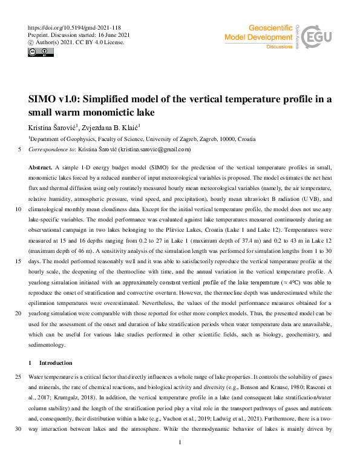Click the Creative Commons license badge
[41, 53]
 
